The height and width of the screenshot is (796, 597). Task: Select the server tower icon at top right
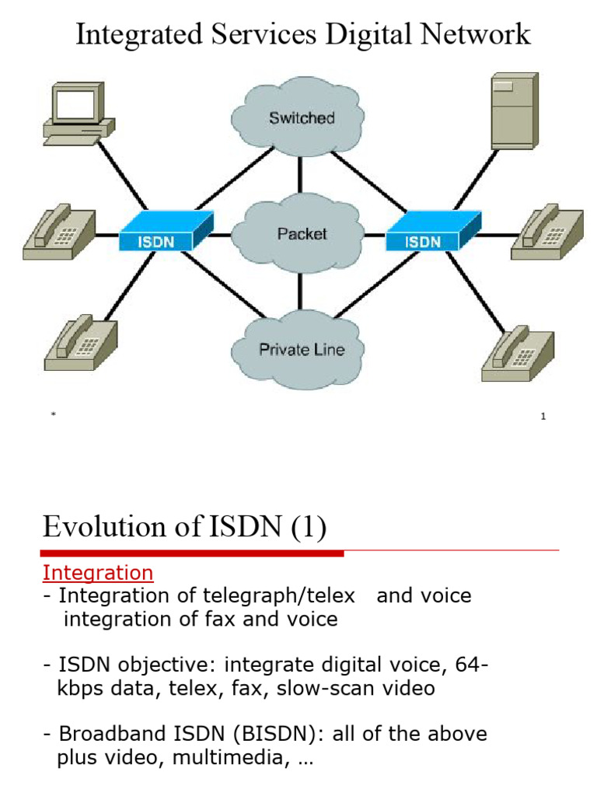(514, 110)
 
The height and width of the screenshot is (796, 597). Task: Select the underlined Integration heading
(98, 573)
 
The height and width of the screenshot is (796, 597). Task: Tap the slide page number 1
(543, 417)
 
